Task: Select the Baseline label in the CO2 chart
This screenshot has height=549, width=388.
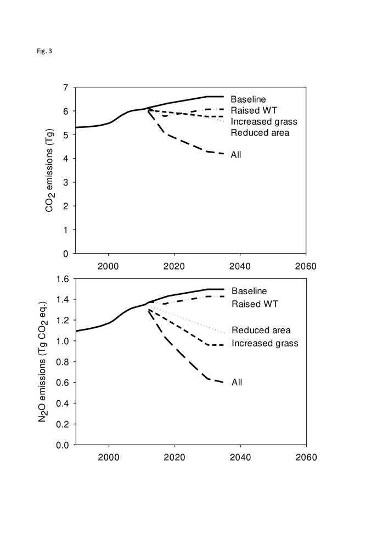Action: (248, 99)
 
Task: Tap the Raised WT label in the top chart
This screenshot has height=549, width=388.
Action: (250, 110)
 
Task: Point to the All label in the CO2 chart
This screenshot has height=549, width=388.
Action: (236, 154)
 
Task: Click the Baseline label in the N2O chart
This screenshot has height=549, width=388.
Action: (249, 289)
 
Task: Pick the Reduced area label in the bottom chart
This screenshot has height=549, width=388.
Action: (261, 330)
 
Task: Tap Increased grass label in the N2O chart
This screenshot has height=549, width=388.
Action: (265, 343)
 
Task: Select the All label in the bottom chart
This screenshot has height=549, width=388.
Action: (237, 382)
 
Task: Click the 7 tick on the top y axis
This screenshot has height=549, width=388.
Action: (66, 87)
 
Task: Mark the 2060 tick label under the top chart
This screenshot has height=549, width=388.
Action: (305, 266)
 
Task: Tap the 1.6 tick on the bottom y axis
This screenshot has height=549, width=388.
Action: (63, 279)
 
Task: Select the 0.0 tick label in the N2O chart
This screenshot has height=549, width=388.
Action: (63, 445)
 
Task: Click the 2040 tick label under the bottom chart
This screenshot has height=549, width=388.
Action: (240, 457)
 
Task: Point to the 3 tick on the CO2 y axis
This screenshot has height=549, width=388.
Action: (66, 182)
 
